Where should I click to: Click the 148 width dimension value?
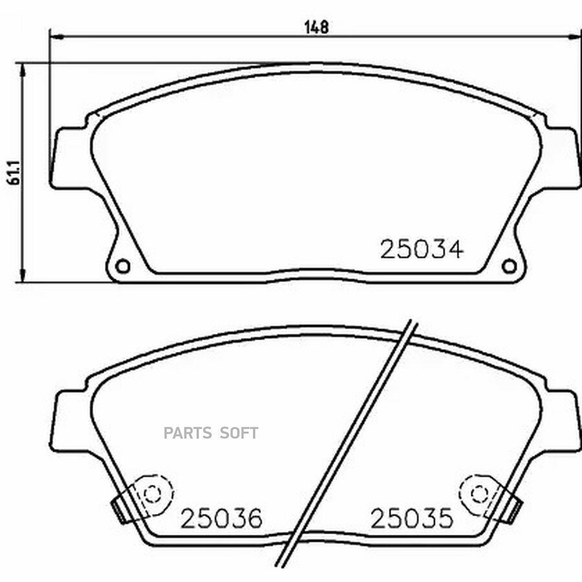[x=317, y=27]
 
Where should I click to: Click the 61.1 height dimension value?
[x=14, y=173]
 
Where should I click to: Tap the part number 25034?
[x=422, y=249]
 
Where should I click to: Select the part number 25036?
[x=222, y=519]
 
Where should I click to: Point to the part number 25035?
[x=412, y=518]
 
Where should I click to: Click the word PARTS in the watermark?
[x=188, y=433]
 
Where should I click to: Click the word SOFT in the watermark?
[x=239, y=433]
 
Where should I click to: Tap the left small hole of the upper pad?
[x=122, y=266]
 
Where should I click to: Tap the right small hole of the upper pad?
[x=509, y=266]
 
